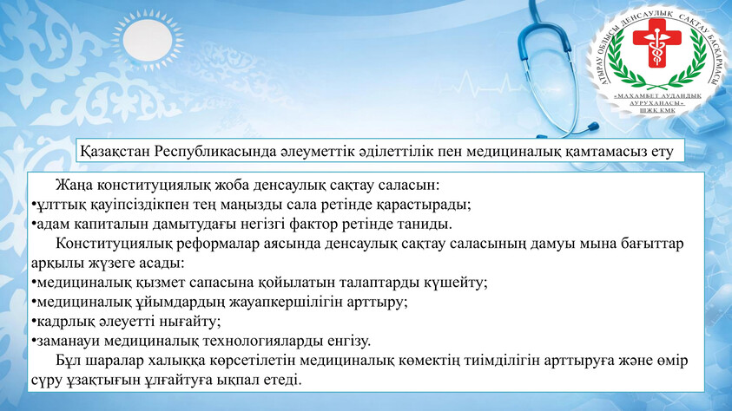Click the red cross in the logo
[656, 42]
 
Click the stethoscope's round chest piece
[592, 126]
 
